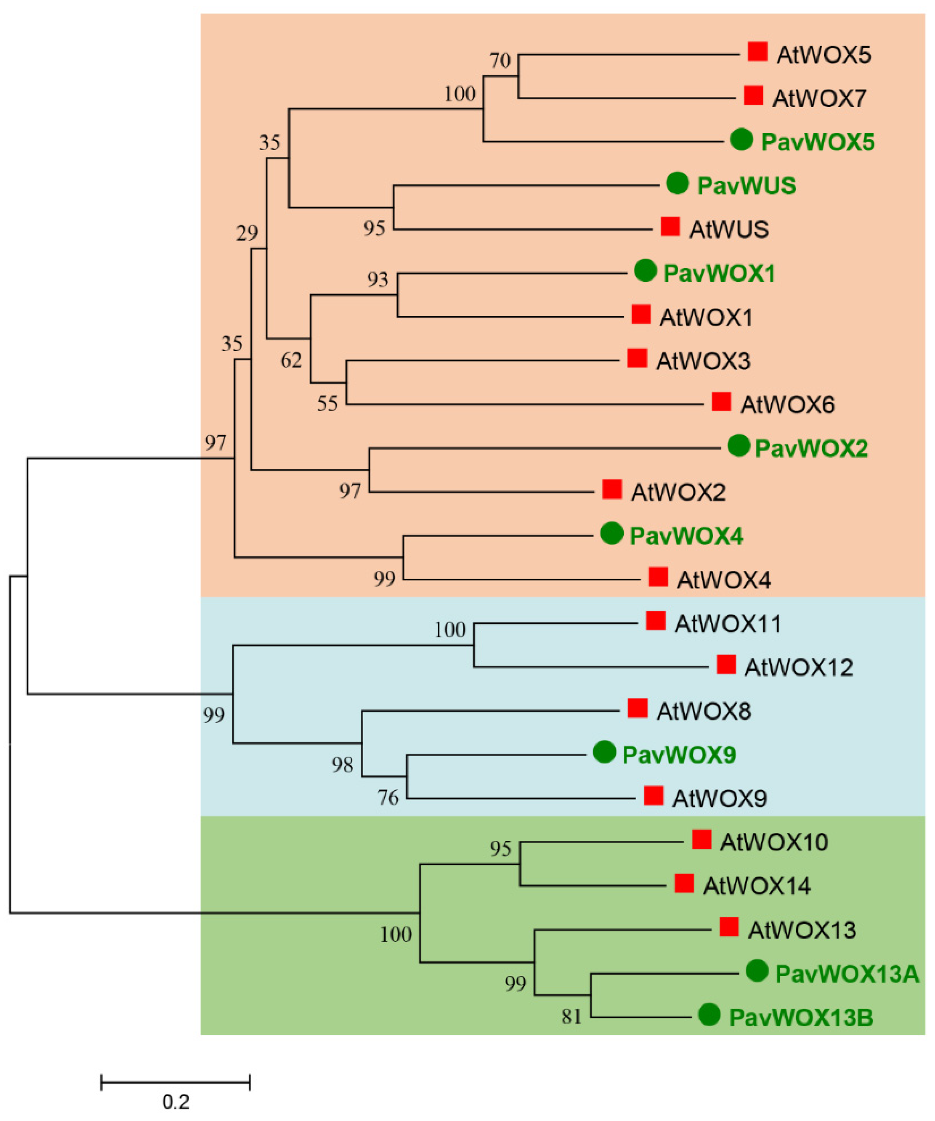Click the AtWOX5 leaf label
pyautogui.click(x=824, y=55)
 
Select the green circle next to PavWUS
pyautogui.click(x=678, y=184)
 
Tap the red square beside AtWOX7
pyautogui.click(x=753, y=96)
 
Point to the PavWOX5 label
pyautogui.click(x=817, y=143)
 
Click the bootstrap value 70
pyautogui.click(x=500, y=61)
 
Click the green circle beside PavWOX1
pyautogui.click(x=645, y=271)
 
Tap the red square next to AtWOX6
pyautogui.click(x=721, y=401)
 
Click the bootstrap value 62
pyautogui.click(x=291, y=361)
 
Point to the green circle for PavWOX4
pyautogui.click(x=612, y=533)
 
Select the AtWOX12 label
pyautogui.click(x=799, y=668)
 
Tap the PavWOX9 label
pyautogui.click(x=679, y=755)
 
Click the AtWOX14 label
pyautogui.click(x=756, y=887)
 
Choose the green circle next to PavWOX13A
pyautogui.click(x=757, y=971)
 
